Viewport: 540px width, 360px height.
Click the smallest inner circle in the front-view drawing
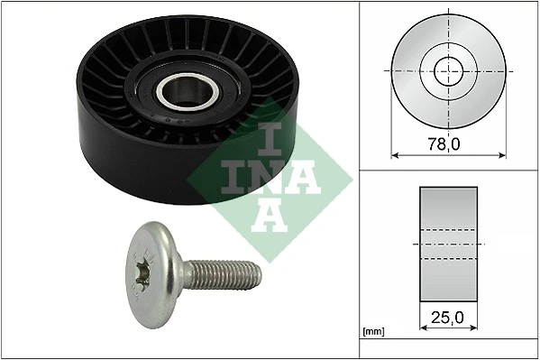point(448,69)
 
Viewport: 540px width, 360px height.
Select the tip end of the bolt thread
point(260,272)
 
